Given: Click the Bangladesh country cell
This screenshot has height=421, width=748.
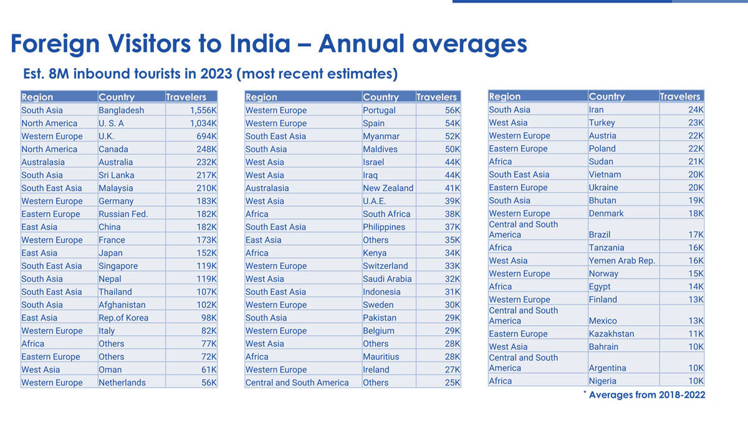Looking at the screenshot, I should [x=121, y=110].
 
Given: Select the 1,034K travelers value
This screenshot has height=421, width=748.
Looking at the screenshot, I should [x=203, y=123].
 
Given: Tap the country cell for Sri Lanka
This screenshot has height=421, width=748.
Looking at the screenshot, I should [x=116, y=175].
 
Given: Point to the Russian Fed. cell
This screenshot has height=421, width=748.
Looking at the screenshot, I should [x=123, y=214].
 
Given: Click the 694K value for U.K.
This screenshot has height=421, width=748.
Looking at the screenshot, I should [x=206, y=137].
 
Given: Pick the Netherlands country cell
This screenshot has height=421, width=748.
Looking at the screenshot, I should [x=122, y=382].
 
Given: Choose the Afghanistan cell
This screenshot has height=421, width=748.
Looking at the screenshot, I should [x=122, y=305].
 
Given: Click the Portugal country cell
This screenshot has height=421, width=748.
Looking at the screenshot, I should [x=380, y=110].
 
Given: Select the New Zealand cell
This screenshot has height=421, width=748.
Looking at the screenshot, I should [x=388, y=188].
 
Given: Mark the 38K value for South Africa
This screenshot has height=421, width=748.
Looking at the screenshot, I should [x=453, y=214].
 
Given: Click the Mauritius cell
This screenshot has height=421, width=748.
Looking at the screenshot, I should [x=381, y=357].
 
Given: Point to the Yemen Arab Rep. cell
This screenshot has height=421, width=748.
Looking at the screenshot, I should [x=621, y=261].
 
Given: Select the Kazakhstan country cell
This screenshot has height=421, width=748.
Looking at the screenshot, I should [x=611, y=334].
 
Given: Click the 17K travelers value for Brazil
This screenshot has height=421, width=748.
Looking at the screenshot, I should [x=696, y=235].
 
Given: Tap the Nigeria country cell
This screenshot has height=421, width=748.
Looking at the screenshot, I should [x=602, y=381].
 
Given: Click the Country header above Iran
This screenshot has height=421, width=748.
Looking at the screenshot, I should [x=606, y=96].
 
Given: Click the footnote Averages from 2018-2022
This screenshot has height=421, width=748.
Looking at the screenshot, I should [x=648, y=395].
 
